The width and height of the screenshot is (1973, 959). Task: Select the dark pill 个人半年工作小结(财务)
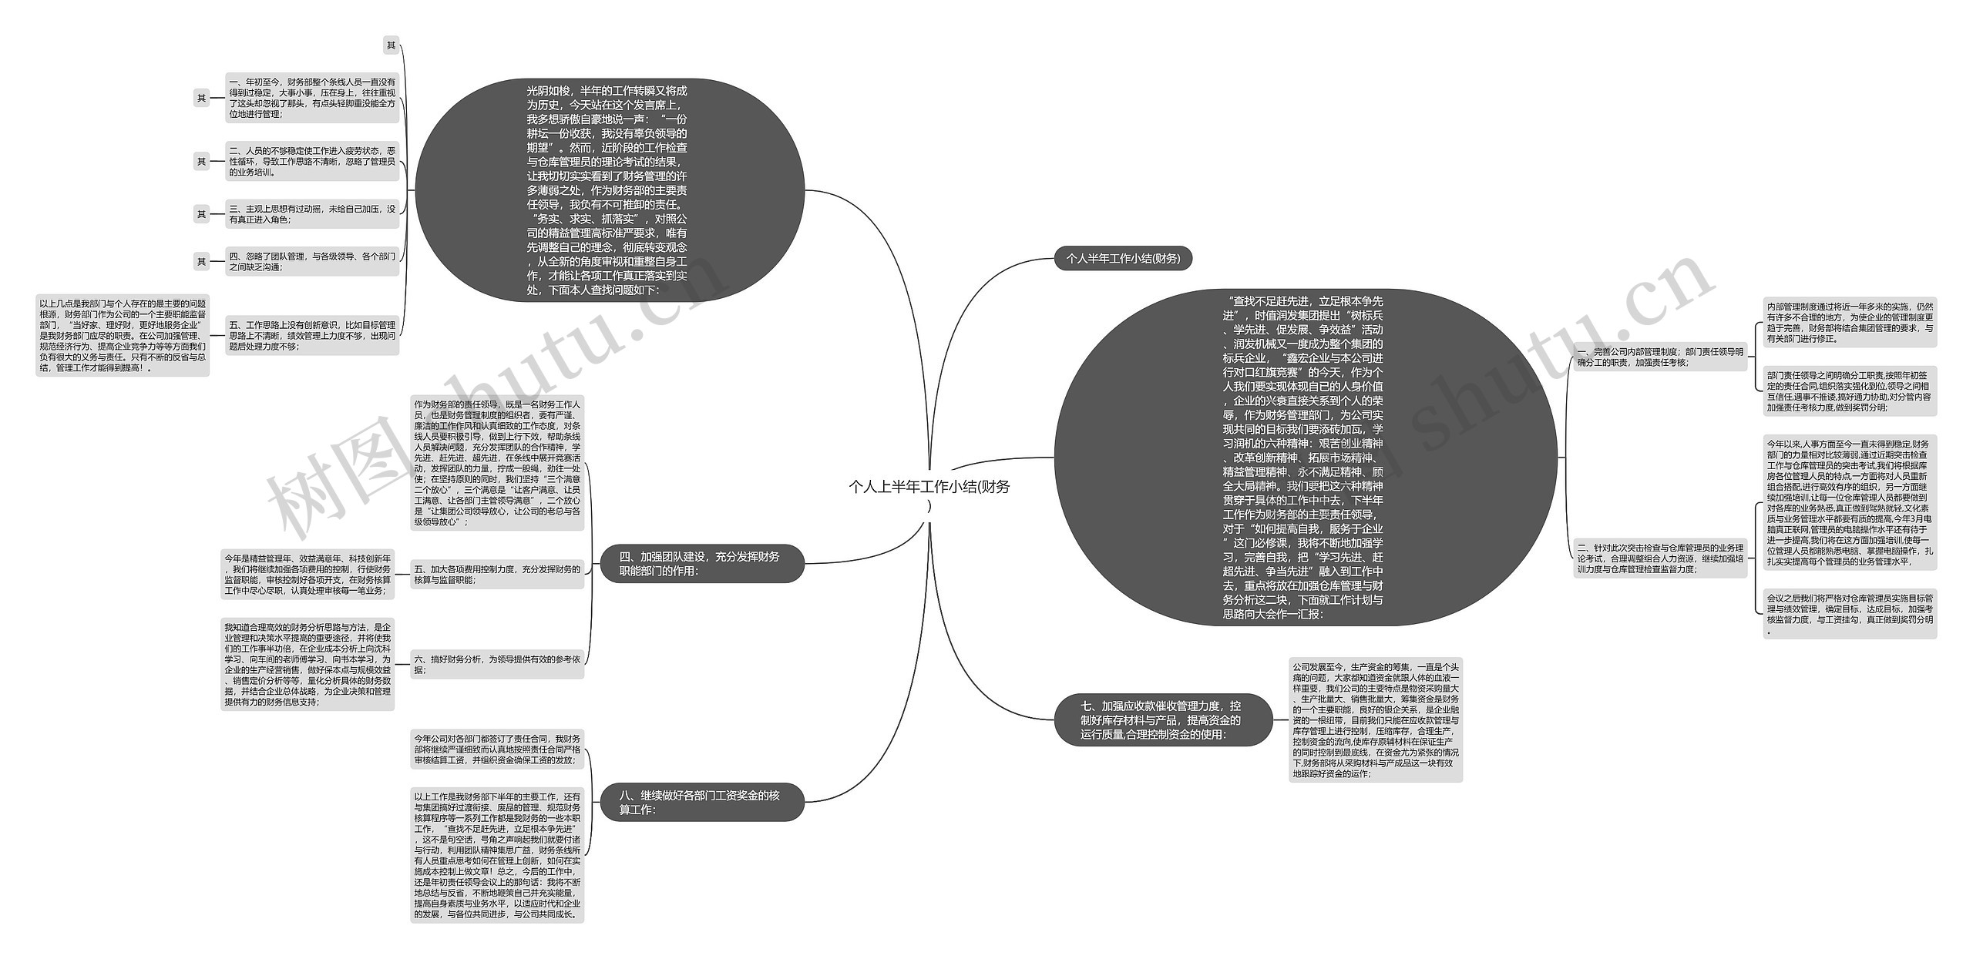pos(1123,259)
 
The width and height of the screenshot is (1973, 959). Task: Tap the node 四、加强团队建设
pos(702,564)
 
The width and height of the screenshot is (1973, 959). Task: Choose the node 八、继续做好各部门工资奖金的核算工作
pos(702,802)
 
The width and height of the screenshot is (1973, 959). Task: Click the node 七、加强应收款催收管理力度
pos(1161,719)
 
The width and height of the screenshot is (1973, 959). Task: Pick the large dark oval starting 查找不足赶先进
pos(1303,458)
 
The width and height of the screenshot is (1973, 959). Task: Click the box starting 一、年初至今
pos(312,98)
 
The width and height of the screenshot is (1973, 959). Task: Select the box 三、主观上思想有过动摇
pos(312,214)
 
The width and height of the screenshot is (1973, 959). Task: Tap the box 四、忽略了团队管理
pos(312,261)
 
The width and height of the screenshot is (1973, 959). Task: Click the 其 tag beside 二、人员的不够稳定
pos(201,162)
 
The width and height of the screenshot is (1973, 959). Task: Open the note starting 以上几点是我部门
pos(123,336)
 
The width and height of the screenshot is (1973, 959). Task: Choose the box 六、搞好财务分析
pos(497,664)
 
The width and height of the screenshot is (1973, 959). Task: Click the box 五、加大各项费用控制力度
pos(497,575)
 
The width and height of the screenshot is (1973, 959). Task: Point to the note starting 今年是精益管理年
pos(308,575)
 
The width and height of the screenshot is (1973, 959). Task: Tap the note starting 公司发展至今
pos(1375,719)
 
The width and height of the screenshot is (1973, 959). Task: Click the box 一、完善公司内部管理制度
pos(1659,357)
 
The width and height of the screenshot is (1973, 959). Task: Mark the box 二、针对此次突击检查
pos(1659,558)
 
